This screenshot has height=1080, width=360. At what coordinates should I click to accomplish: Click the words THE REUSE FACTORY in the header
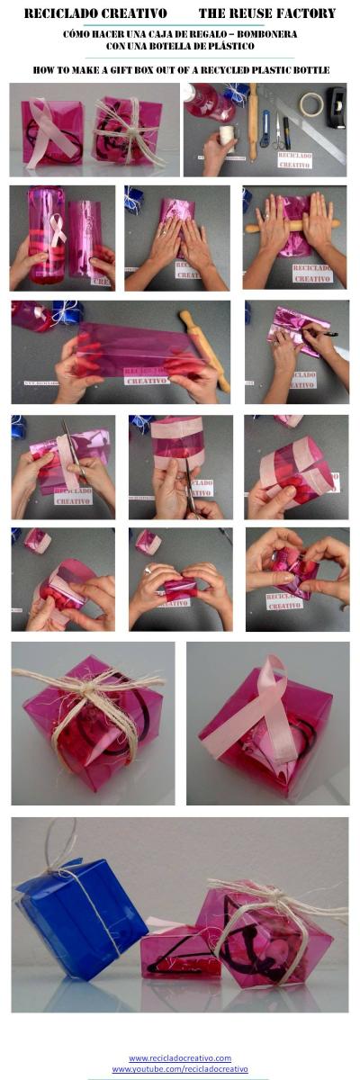click(x=266, y=13)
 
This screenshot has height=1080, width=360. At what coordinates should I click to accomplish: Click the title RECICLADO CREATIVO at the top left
click(x=94, y=13)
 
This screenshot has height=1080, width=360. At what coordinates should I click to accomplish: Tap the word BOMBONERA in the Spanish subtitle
click(x=266, y=33)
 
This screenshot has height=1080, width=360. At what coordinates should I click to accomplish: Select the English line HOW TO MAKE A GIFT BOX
click(x=180, y=69)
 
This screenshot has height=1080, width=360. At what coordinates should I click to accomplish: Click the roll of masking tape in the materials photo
click(x=311, y=104)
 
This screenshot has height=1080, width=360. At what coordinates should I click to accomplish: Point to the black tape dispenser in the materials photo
click(x=335, y=107)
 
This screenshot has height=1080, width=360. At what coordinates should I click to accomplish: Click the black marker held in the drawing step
click(x=321, y=333)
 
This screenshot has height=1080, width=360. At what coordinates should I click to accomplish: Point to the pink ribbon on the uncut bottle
click(x=56, y=230)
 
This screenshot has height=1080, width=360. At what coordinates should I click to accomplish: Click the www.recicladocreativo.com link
click(x=180, y=1057)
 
